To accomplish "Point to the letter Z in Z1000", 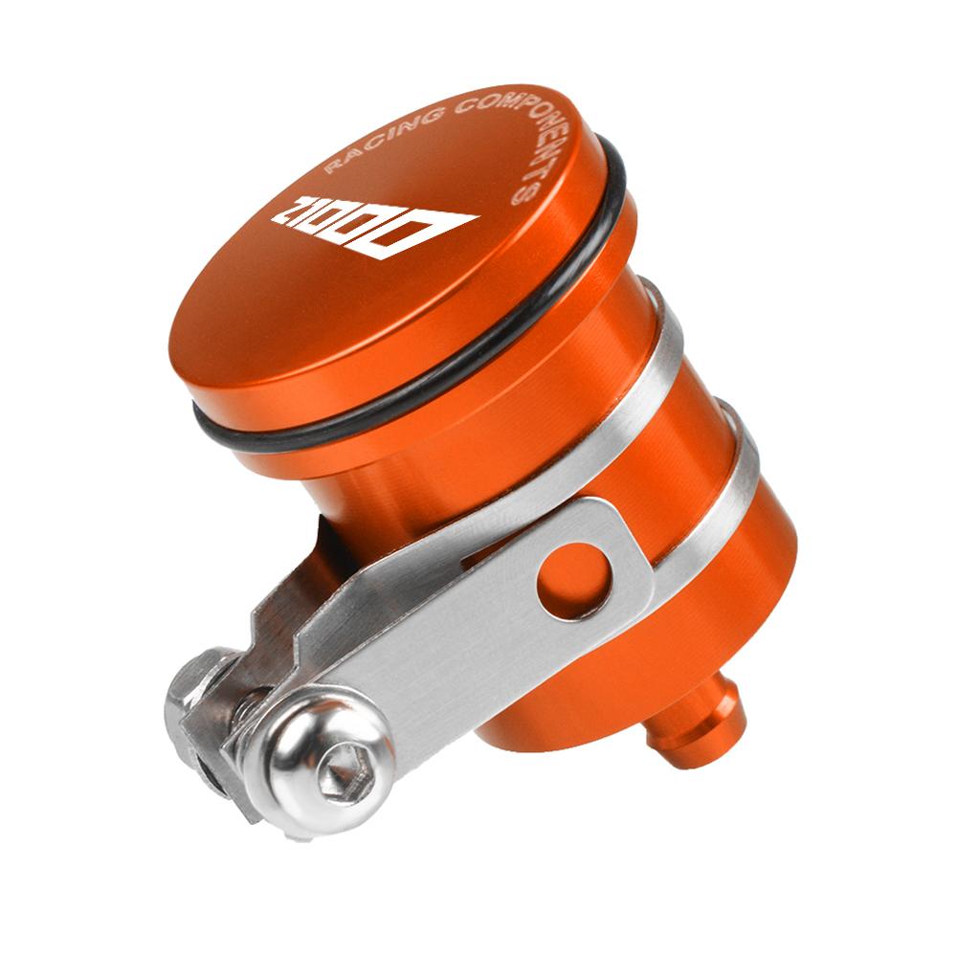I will pos(292,210).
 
